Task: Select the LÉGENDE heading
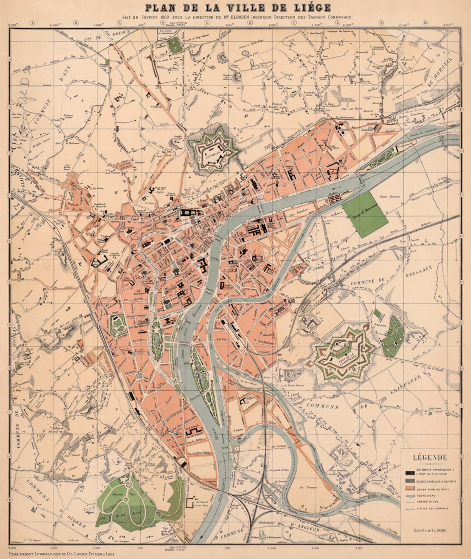point(430,457)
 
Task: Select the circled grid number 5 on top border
point(207,23)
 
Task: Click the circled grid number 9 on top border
point(381,23)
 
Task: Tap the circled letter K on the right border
point(461,499)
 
